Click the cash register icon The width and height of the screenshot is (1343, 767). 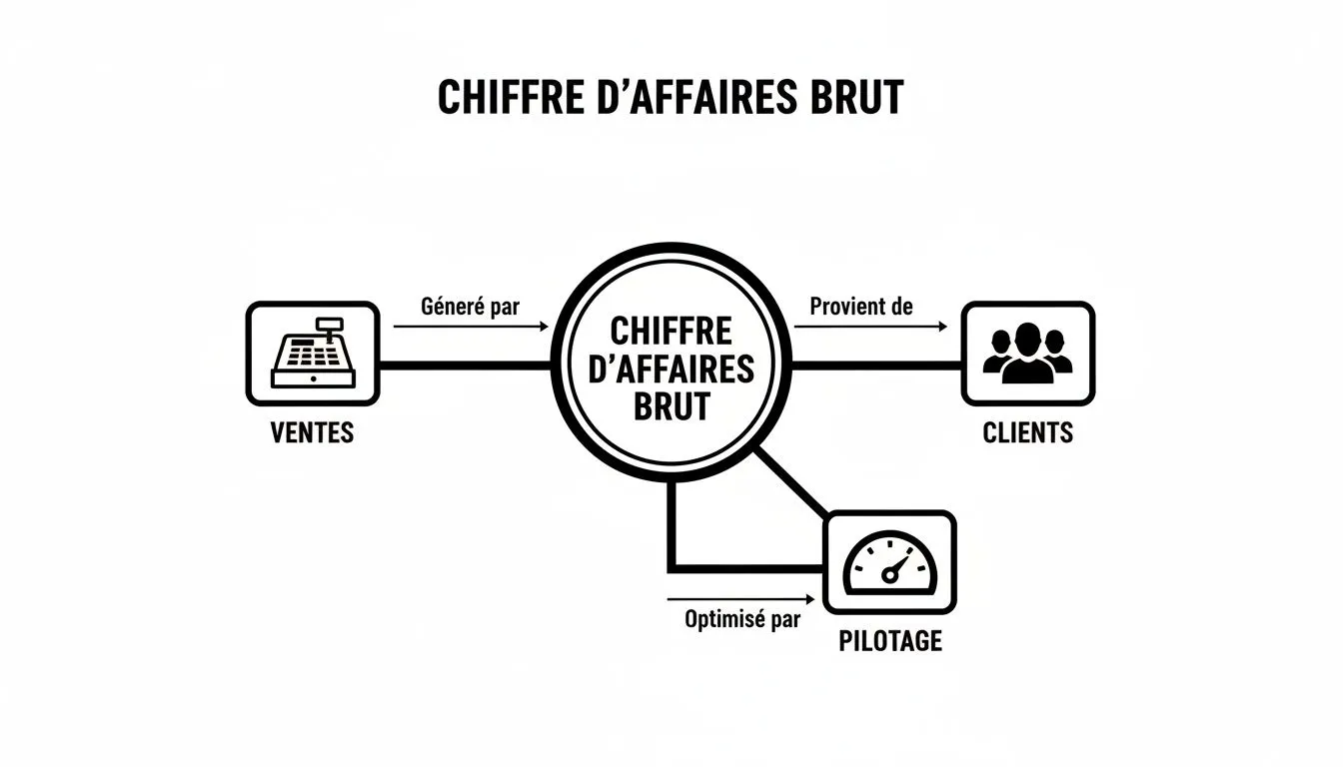(314, 353)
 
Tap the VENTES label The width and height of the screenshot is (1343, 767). (313, 432)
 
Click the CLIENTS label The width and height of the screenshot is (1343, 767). (1027, 432)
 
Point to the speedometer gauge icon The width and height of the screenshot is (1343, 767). (889, 562)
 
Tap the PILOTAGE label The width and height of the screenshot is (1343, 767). (890, 641)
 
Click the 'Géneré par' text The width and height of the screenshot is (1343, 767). (470, 307)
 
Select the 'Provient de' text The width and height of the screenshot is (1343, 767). (861, 307)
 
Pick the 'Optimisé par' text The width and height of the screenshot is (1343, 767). (742, 619)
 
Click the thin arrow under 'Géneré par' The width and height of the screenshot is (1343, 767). (471, 327)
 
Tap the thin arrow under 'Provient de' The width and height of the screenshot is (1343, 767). (870, 327)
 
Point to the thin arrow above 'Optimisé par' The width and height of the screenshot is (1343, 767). (741, 598)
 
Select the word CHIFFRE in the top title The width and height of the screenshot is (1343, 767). (511, 97)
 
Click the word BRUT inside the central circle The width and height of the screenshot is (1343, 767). (671, 406)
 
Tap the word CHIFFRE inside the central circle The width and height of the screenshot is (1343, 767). (671, 331)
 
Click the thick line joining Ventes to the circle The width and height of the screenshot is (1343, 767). (466, 366)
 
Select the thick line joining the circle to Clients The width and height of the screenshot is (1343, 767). (876, 366)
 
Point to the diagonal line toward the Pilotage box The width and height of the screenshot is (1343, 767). (790, 483)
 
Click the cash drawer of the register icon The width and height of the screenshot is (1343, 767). (314, 379)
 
